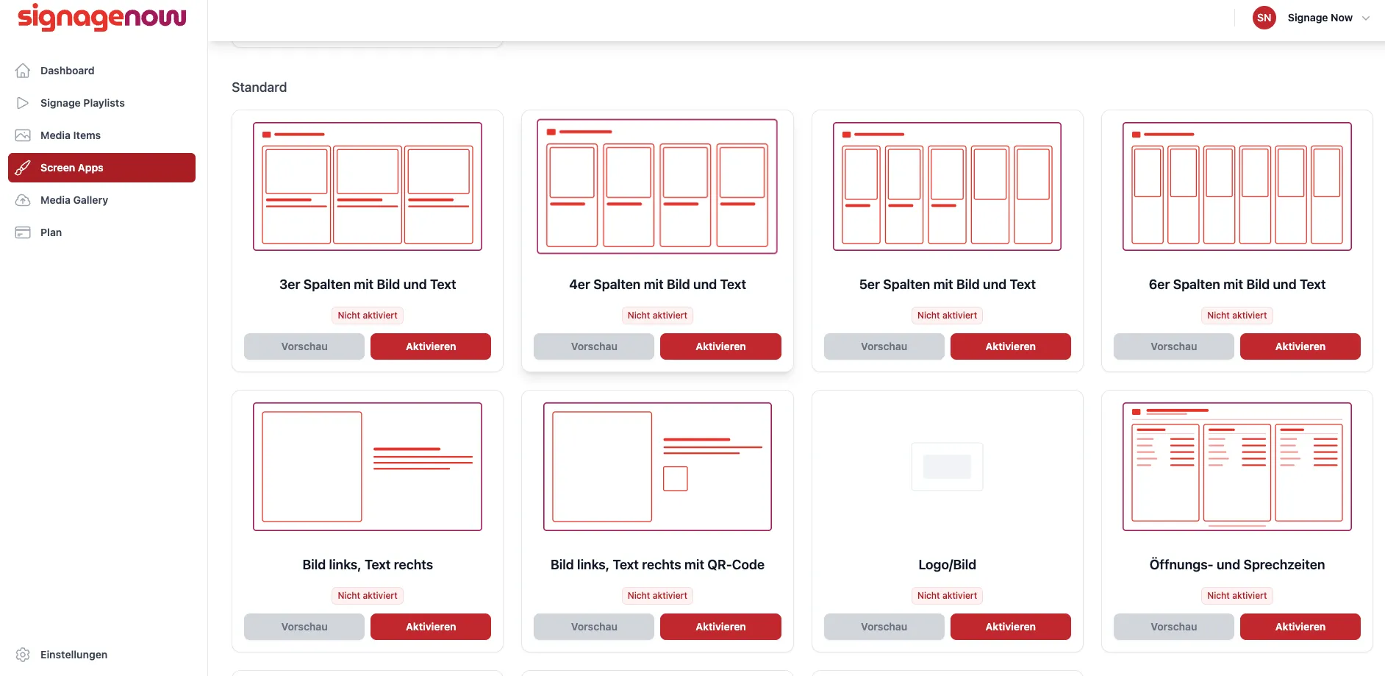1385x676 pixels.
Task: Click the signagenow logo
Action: click(x=102, y=17)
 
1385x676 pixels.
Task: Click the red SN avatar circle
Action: click(x=1264, y=18)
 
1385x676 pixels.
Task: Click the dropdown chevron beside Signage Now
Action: click(x=1366, y=18)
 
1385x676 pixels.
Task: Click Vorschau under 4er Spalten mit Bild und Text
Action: click(x=594, y=346)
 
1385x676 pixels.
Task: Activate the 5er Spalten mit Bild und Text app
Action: click(x=1010, y=346)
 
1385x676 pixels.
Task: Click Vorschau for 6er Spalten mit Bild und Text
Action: click(x=1173, y=346)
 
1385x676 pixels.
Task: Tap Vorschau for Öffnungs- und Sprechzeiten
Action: click(x=1173, y=627)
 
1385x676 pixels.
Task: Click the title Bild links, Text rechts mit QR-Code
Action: click(x=657, y=565)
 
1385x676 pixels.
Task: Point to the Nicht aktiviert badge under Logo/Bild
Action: click(x=947, y=596)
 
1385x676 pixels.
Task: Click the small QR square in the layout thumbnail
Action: click(x=676, y=479)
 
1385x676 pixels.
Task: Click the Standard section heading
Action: click(x=260, y=88)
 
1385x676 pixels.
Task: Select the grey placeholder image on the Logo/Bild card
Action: click(x=947, y=466)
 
